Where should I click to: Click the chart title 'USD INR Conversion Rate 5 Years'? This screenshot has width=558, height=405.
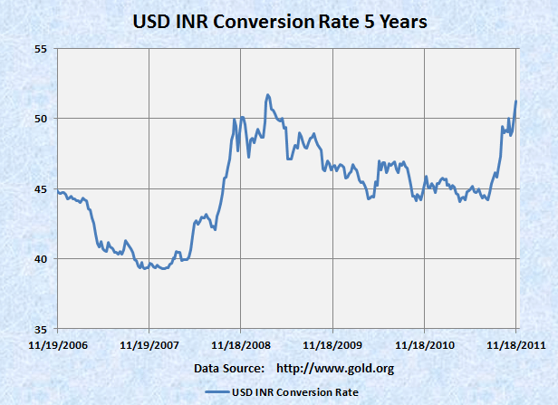pos(280,19)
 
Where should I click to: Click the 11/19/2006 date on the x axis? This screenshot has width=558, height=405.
pos(57,345)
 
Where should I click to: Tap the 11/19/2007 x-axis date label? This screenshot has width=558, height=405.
pos(149,345)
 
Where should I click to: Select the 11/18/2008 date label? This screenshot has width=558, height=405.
pos(240,345)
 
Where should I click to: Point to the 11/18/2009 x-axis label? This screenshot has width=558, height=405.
pos(332,345)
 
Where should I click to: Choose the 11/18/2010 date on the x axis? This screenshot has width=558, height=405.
pos(424,345)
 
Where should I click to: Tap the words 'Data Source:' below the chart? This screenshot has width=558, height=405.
pos(228,368)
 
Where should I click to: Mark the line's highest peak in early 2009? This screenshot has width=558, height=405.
pos(267,94)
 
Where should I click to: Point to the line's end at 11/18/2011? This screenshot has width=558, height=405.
pos(515,101)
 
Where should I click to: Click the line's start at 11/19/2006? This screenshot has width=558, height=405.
pos(57,191)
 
